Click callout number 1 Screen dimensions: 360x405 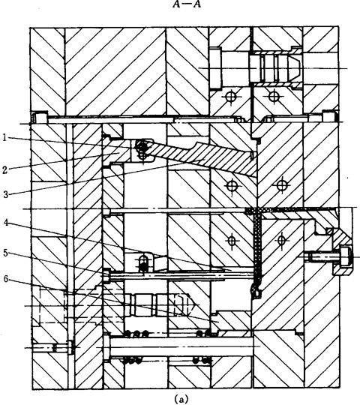point(4,137)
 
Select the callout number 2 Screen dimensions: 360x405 point(4,170)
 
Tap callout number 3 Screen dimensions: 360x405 point(6,194)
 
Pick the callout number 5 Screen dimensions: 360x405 point(6,253)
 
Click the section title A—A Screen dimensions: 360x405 point(187,5)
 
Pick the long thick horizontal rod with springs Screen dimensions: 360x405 point(181,346)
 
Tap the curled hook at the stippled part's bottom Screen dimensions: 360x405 point(256,290)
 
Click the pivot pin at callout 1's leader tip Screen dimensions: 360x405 point(141,147)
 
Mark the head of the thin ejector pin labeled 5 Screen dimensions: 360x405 point(106,275)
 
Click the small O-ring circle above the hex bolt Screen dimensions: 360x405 point(329,231)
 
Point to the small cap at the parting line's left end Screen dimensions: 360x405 point(40,118)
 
